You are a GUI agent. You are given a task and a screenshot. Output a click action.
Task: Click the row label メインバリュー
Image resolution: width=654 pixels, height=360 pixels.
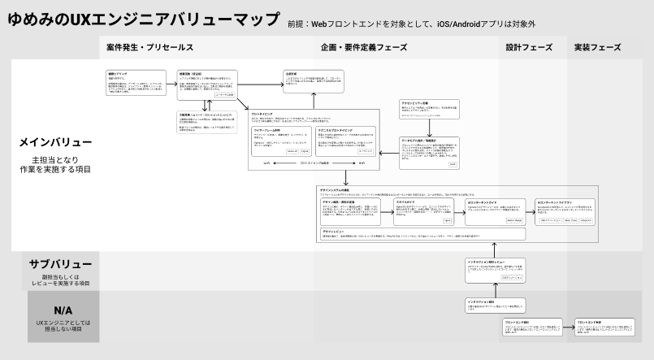click(x=55, y=142)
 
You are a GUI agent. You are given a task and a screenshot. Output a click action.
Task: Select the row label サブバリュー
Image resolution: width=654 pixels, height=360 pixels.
click(x=55, y=264)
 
